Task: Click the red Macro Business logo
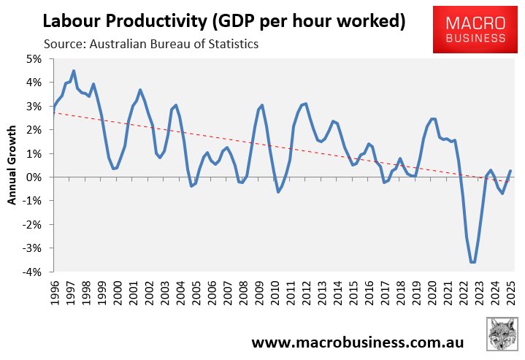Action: point(478,28)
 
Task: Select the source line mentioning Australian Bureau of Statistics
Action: point(151,45)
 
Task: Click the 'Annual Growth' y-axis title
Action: point(12,166)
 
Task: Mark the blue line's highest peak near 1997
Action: point(74,71)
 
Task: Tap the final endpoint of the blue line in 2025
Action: point(510,171)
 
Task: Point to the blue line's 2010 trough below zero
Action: point(278,192)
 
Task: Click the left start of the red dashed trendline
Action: point(54,113)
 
